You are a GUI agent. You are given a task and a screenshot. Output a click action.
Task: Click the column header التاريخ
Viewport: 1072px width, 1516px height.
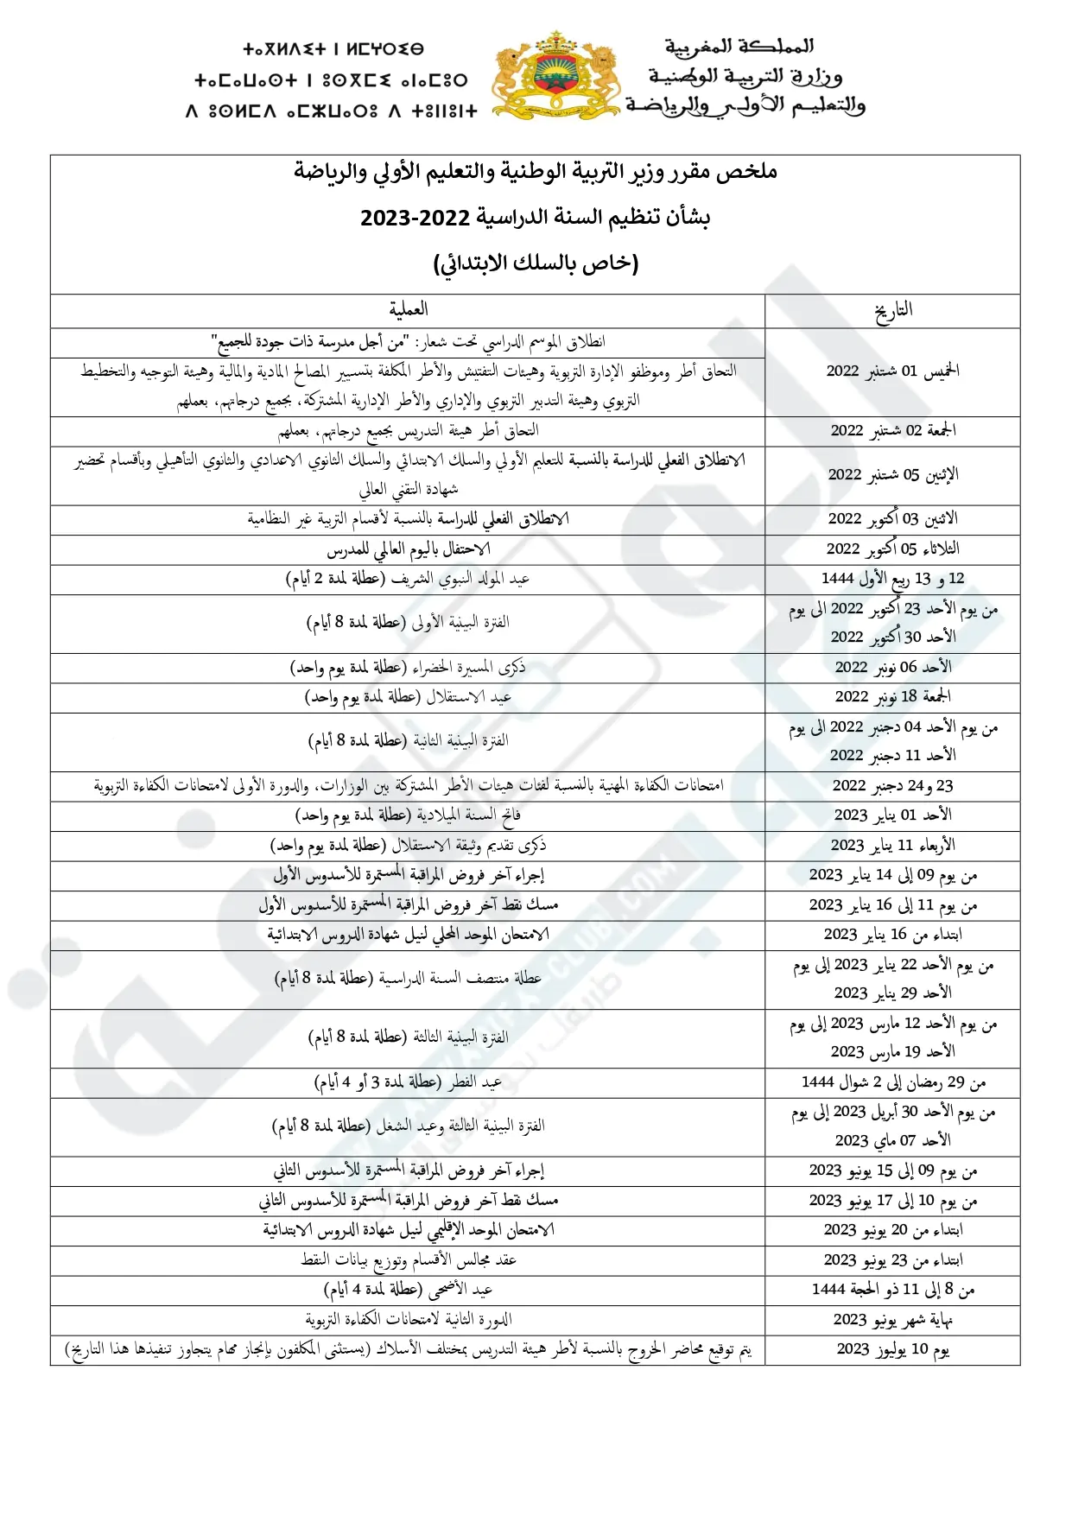[892, 311]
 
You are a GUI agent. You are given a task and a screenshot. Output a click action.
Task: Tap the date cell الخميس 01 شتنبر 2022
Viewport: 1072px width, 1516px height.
[892, 371]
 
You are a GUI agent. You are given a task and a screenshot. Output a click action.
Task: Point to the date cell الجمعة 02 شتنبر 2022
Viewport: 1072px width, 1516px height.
[892, 430]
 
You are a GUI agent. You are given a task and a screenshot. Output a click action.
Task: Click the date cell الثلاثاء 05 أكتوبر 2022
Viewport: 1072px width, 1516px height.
[892, 549]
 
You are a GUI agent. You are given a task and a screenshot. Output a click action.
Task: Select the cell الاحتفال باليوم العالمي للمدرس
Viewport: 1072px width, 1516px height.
[408, 549]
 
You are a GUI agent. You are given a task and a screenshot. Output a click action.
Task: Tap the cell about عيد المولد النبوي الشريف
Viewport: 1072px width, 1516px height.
[408, 580]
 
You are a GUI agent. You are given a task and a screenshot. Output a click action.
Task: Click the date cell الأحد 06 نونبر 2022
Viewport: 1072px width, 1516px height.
[892, 667]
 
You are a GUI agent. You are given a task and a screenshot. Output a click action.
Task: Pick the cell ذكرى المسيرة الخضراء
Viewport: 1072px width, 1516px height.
[408, 667]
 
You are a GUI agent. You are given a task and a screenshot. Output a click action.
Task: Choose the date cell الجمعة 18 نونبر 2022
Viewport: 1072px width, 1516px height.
[892, 696]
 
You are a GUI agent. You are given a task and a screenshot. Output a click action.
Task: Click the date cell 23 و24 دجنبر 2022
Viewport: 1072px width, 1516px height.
[892, 786]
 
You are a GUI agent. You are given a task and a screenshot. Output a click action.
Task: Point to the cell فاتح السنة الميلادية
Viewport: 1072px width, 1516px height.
[408, 815]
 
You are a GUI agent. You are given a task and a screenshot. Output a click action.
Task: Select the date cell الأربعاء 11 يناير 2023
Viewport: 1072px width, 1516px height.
[892, 845]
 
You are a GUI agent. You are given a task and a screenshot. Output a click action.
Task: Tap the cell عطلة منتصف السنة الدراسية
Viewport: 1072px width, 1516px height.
[408, 979]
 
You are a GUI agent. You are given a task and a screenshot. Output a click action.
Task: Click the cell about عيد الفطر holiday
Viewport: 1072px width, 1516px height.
[408, 1082]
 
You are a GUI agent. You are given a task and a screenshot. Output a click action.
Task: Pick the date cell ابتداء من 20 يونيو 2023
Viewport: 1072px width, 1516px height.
[892, 1230]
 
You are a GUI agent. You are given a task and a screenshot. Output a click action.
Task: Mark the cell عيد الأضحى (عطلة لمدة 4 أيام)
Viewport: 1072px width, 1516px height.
[408, 1290]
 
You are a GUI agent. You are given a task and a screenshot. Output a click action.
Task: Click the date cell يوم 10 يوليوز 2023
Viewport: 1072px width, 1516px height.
[892, 1349]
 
